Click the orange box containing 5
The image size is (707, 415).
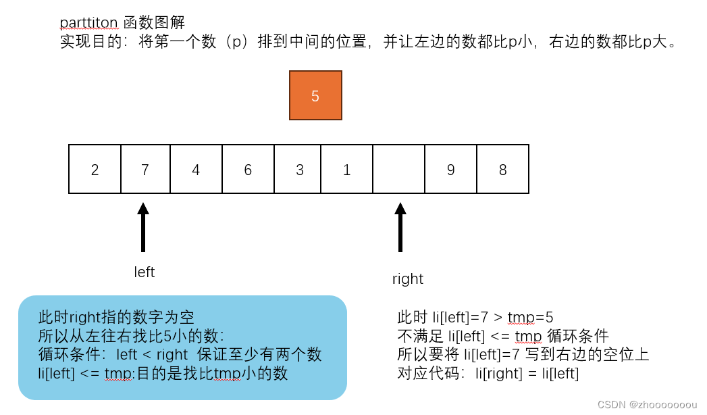(x=315, y=96)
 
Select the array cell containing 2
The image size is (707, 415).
(x=95, y=169)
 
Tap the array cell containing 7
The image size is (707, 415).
(x=145, y=169)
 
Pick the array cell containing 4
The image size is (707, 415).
(x=196, y=169)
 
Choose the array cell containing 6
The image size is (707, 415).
(x=248, y=169)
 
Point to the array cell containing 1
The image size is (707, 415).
(x=346, y=169)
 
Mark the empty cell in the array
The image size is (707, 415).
(x=398, y=169)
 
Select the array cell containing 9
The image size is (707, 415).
(x=451, y=169)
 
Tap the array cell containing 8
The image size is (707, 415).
(x=503, y=169)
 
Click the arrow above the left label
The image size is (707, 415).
(x=143, y=226)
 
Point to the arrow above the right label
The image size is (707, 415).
(x=400, y=226)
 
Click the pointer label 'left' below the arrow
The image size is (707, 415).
(x=145, y=272)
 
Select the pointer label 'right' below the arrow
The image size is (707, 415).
(x=408, y=279)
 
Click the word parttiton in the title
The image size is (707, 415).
(x=89, y=22)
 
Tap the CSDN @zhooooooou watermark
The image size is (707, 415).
(x=647, y=404)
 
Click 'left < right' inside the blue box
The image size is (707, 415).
(x=152, y=354)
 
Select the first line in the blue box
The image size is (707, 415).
(x=116, y=317)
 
